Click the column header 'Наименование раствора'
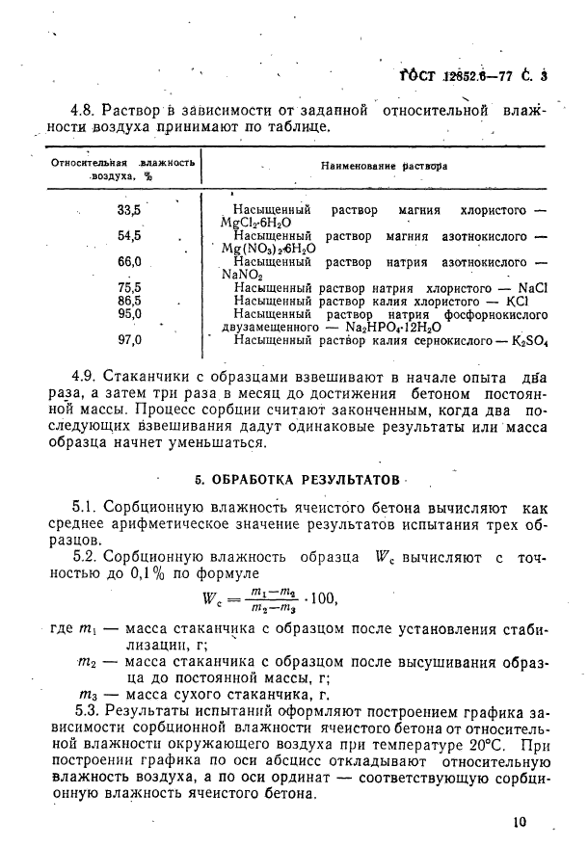(x=384, y=166)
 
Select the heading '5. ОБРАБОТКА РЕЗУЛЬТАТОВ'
(x=296, y=479)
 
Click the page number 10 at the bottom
(x=521, y=822)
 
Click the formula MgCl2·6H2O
(x=261, y=222)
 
